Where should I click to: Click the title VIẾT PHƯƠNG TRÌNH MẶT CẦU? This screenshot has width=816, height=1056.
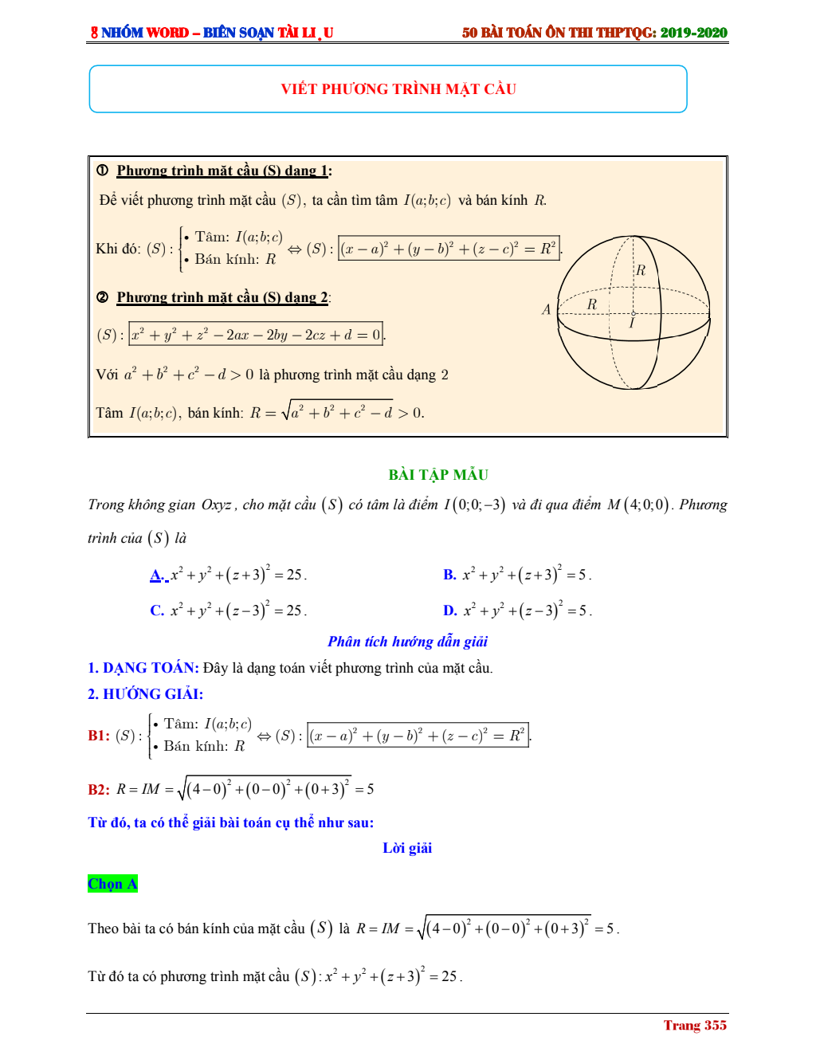[398, 89]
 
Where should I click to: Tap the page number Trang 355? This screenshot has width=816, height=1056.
[695, 1025]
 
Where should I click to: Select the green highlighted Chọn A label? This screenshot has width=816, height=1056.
[112, 884]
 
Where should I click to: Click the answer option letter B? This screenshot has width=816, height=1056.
[449, 575]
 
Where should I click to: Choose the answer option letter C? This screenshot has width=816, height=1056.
[156, 610]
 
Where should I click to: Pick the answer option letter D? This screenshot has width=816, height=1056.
[449, 610]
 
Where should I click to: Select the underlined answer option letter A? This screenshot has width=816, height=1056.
[156, 575]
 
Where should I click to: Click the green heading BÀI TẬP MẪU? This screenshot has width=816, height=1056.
[438, 475]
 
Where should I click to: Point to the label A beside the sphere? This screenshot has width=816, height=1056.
[546, 309]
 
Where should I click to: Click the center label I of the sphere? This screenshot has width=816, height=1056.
[632, 324]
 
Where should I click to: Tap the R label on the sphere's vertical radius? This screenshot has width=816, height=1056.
[641, 271]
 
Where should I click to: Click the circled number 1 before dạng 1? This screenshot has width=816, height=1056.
[103, 170]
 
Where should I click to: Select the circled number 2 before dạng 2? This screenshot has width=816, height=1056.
[103, 297]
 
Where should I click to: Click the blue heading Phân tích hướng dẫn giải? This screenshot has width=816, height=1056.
[407, 642]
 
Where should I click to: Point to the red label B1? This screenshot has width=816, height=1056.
[99, 736]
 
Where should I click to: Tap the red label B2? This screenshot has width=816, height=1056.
[99, 790]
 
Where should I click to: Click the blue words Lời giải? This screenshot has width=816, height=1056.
[407, 848]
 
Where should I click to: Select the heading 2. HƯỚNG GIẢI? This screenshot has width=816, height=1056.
[145, 694]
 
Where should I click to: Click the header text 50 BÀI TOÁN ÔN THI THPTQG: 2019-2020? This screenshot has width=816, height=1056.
[594, 33]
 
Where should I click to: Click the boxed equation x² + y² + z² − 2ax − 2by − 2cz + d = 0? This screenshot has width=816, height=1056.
[256, 335]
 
